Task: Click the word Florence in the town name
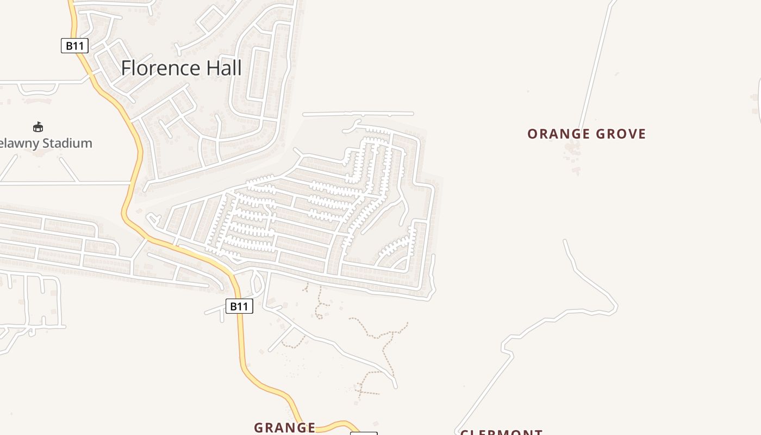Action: (x=160, y=69)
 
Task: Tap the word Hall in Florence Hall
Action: (x=222, y=69)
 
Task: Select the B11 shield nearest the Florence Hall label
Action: (x=74, y=46)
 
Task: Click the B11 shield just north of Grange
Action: (x=239, y=306)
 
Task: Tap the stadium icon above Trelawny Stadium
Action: (x=38, y=127)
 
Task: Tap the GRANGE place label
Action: (x=285, y=428)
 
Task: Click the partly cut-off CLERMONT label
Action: (x=501, y=432)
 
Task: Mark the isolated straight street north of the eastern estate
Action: (x=358, y=114)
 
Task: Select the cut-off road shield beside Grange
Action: (x=364, y=433)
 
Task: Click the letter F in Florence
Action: (x=126, y=69)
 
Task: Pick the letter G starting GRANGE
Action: (x=259, y=428)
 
